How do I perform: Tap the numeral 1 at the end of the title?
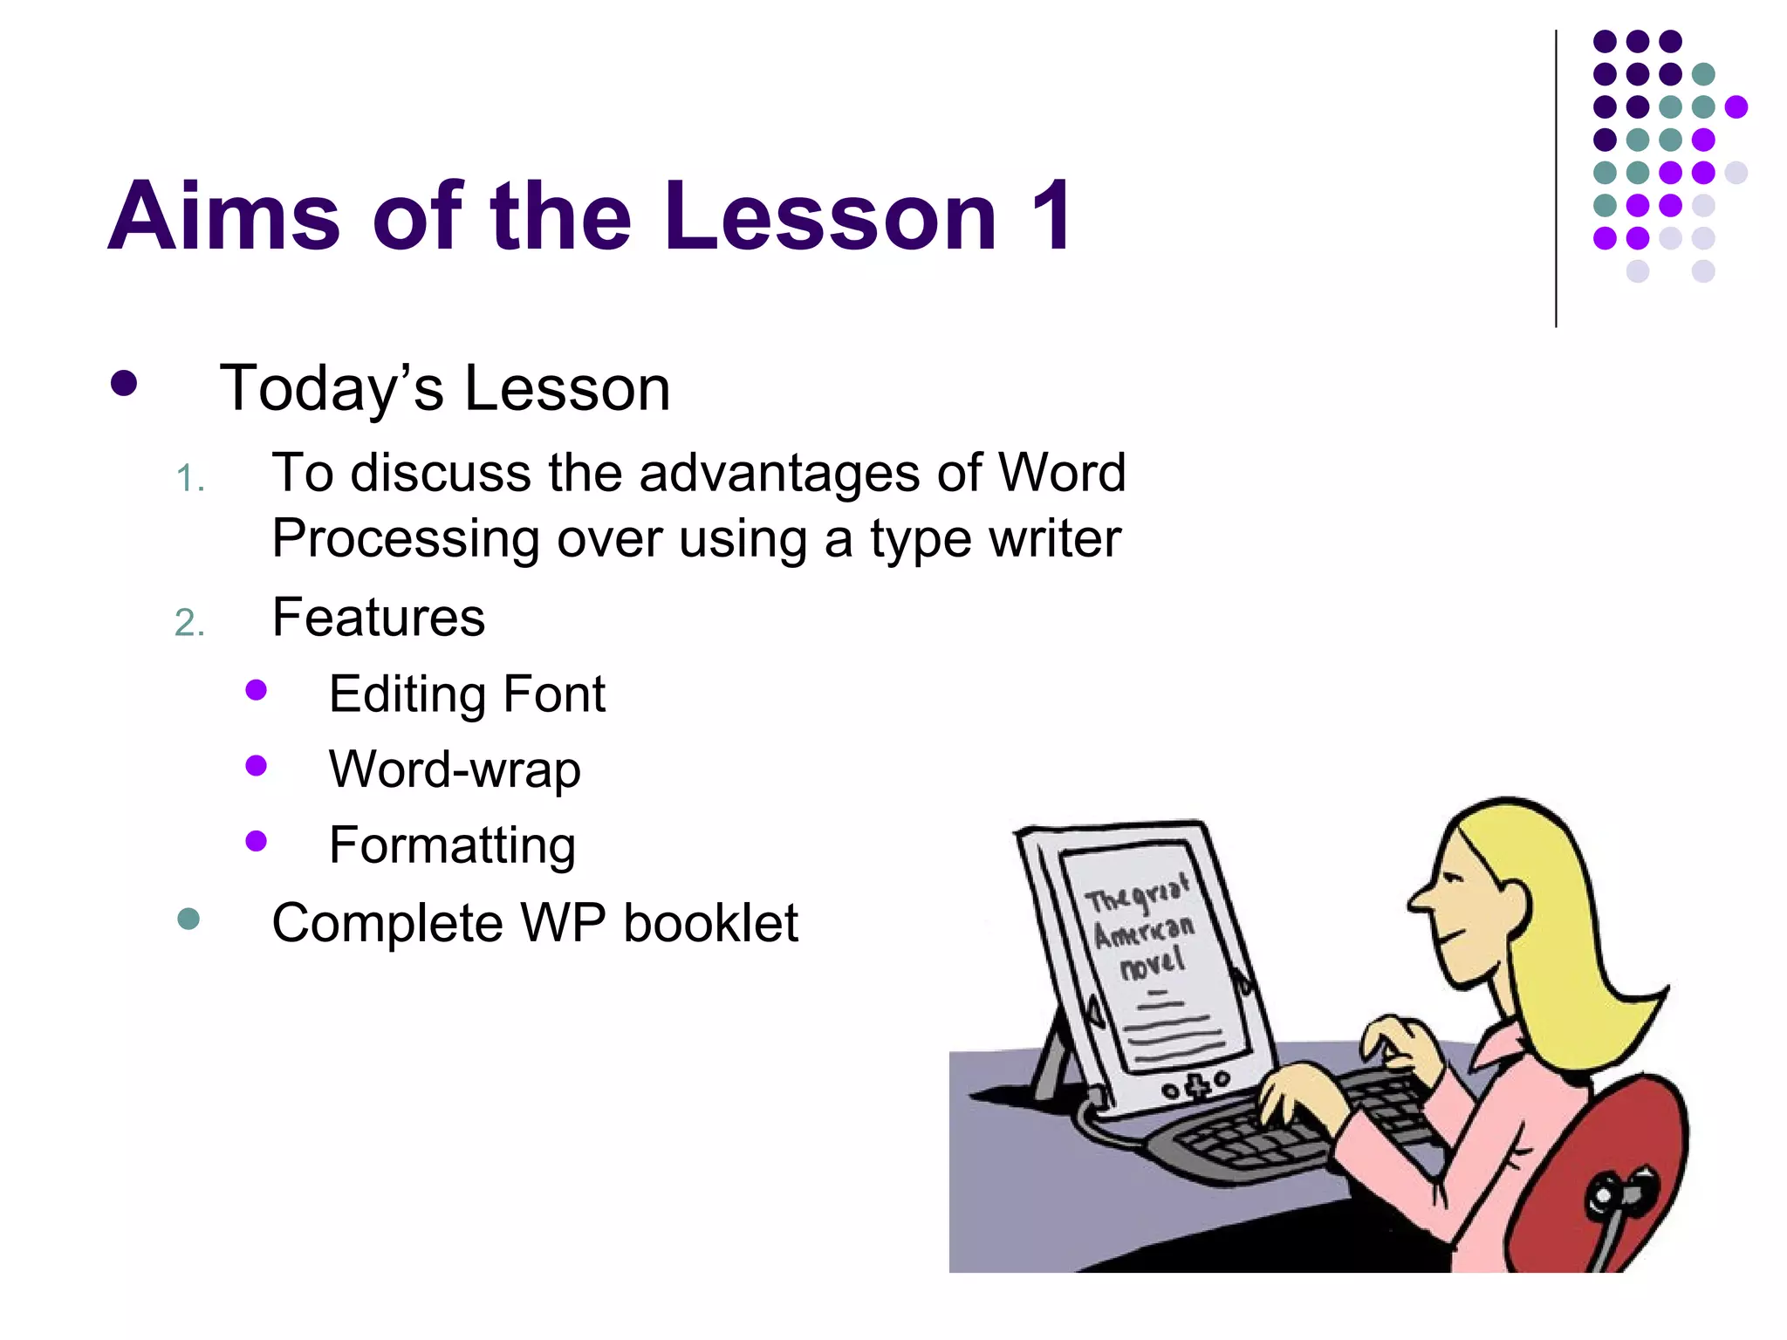click(x=1051, y=216)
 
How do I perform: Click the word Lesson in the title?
click(x=829, y=216)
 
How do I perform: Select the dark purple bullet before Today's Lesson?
click(x=124, y=384)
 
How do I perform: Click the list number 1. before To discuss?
click(x=190, y=479)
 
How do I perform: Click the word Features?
click(x=378, y=618)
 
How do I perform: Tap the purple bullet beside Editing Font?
click(x=256, y=690)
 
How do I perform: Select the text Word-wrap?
click(x=455, y=769)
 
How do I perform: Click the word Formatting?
click(x=452, y=844)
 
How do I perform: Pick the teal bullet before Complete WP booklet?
click(x=188, y=919)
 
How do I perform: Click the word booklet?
click(x=710, y=923)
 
